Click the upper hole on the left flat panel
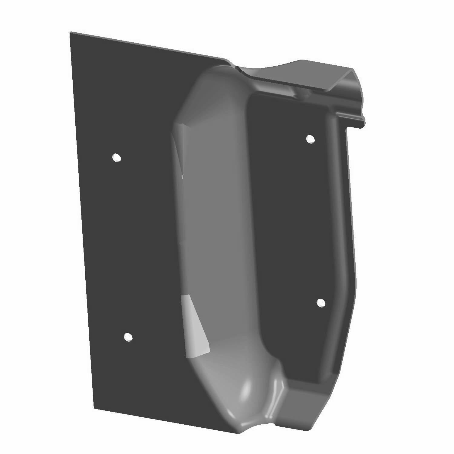point(116,158)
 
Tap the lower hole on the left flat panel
point(128,337)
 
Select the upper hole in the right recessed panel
point(311,139)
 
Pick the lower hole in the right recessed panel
point(321,302)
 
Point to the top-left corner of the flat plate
point(71,33)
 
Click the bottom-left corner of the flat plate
point(94,407)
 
